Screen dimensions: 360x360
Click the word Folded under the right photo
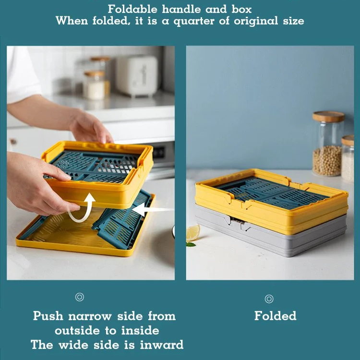tap(275, 316)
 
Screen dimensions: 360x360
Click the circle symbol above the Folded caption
tap(269, 299)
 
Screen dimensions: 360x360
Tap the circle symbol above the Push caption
tap(80, 297)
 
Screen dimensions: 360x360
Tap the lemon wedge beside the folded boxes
tap(192, 232)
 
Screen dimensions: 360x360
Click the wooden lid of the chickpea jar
tap(328, 117)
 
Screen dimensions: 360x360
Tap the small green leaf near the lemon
tap(191, 244)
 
